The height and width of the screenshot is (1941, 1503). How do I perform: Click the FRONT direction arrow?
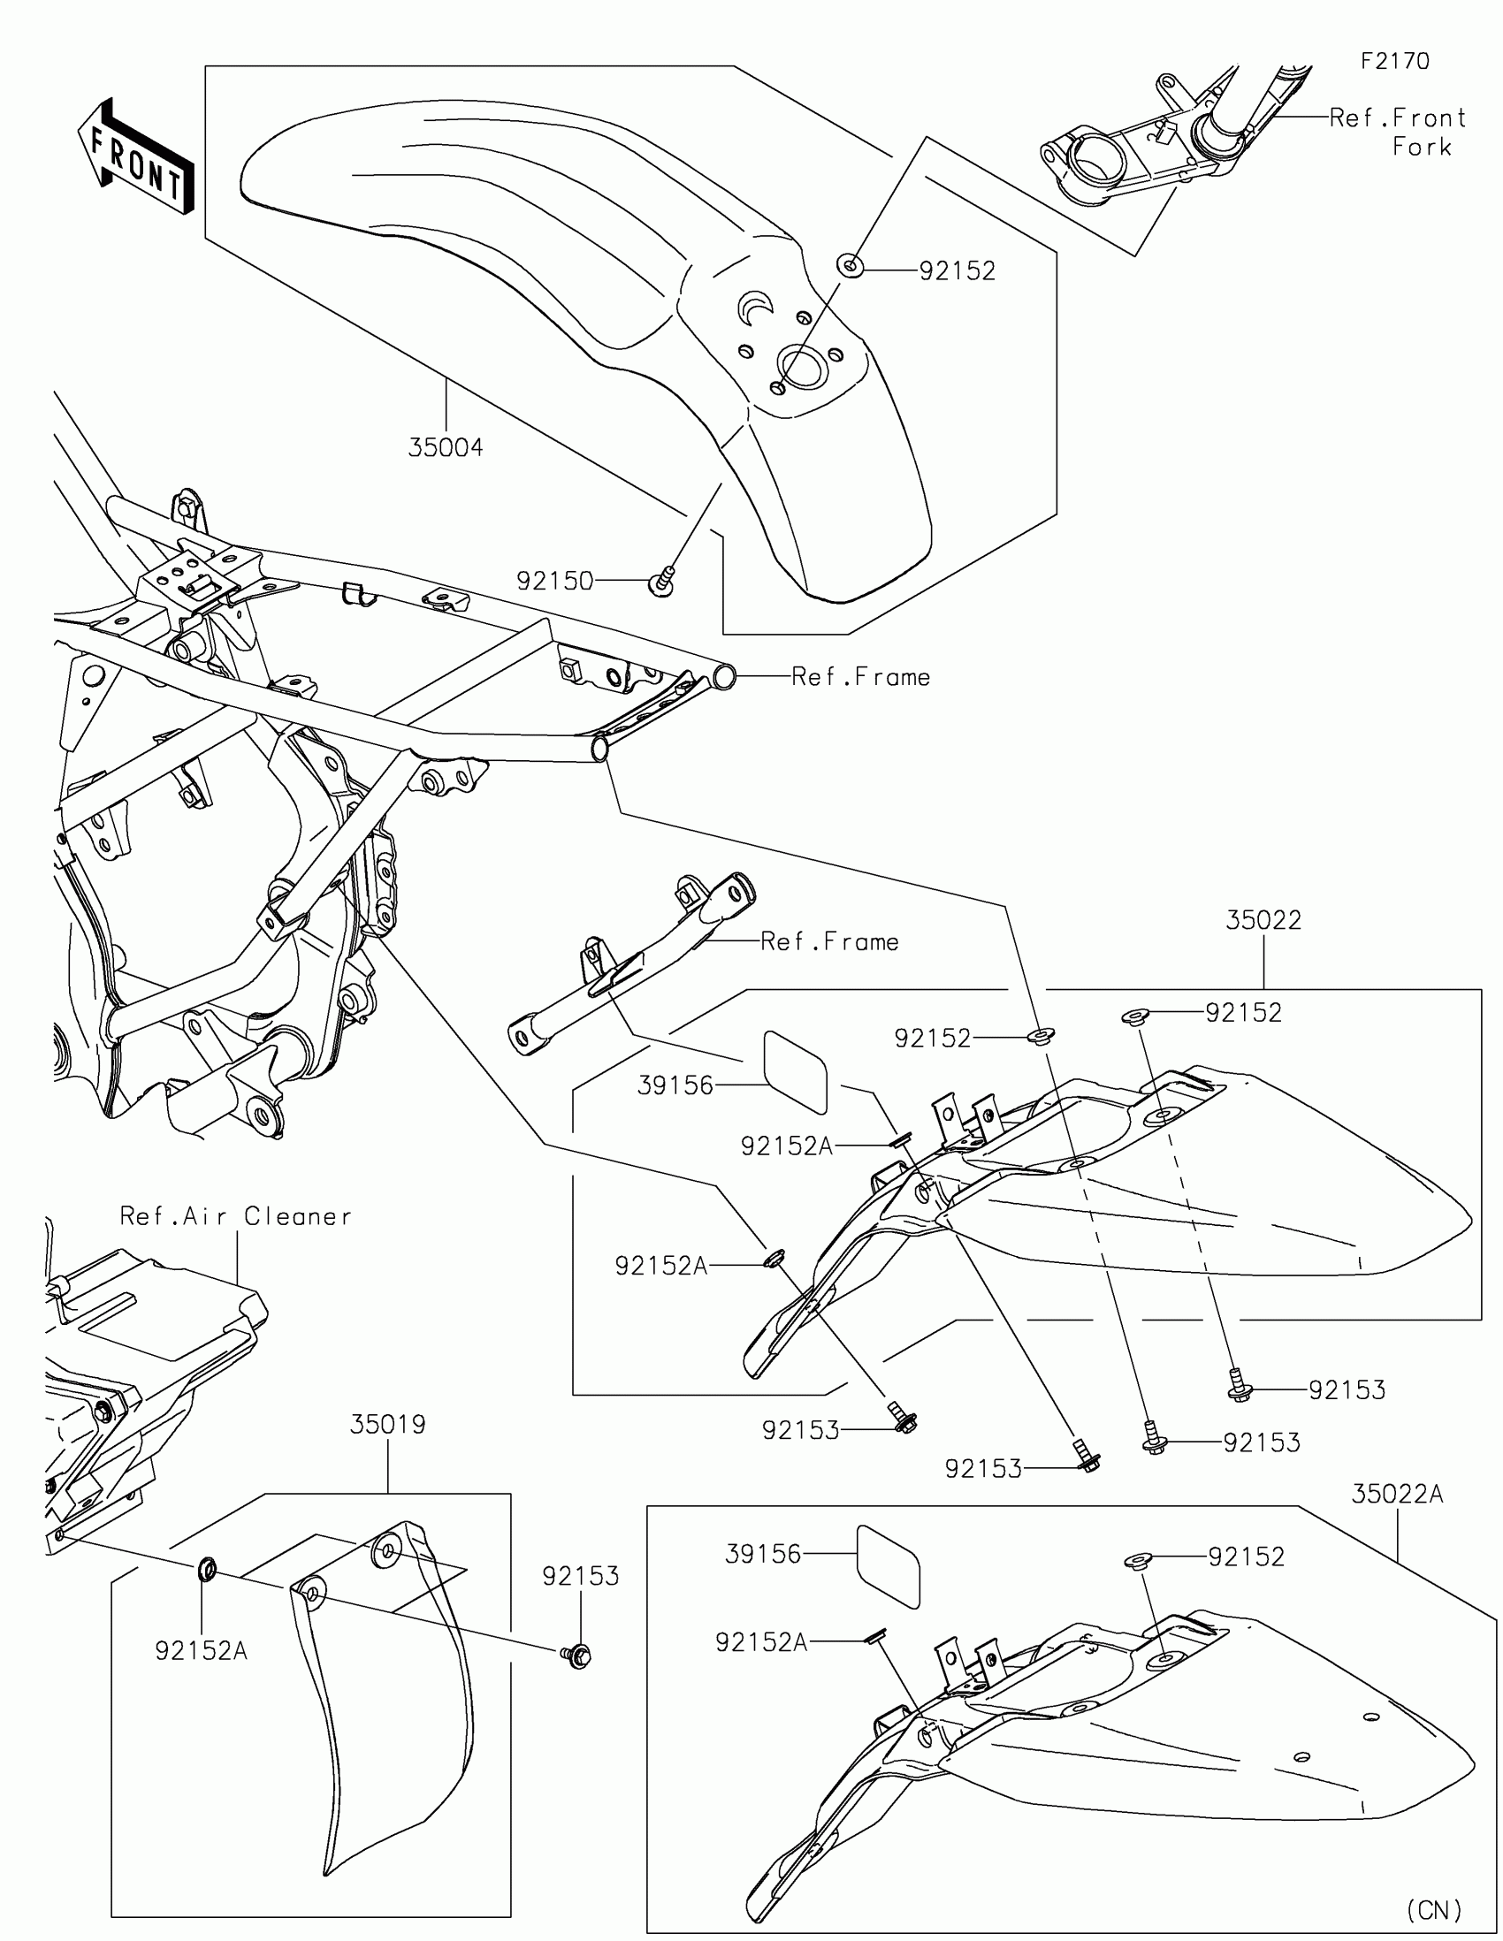135,157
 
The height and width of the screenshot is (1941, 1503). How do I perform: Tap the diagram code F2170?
1394,61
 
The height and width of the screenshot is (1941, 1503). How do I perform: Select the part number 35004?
446,448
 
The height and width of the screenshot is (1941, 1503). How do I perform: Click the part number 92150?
554,582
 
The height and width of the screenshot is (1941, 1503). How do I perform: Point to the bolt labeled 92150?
660,584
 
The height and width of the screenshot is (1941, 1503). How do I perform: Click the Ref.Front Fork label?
1398,132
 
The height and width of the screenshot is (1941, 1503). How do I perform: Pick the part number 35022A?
1396,1495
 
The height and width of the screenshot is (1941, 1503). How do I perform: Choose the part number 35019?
387,1425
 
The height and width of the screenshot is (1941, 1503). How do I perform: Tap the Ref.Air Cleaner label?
235,1216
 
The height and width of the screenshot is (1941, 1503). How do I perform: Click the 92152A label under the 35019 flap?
201,1650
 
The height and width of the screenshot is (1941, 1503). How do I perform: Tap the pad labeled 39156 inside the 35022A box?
888,1566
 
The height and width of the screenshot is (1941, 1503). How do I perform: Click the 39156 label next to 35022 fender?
675,1085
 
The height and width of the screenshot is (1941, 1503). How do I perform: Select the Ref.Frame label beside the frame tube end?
860,677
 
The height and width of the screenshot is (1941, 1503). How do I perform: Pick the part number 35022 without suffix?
1263,920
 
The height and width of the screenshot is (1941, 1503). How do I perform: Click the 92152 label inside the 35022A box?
1246,1557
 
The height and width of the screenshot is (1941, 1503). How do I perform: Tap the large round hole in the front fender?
803,367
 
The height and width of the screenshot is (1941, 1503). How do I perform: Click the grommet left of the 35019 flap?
207,1570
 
